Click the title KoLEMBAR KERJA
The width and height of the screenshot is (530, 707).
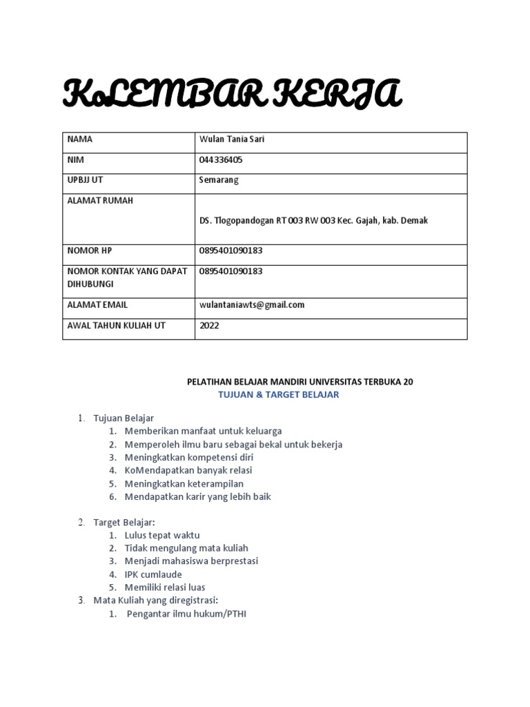pos(231,95)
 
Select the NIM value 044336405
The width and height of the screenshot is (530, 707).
pos(221,159)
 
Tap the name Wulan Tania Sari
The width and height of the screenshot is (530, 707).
pos(231,139)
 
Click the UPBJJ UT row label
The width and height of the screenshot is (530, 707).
pos(85,180)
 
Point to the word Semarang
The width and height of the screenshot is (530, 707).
pos(219,180)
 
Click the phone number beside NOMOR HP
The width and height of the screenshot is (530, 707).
pos(230,251)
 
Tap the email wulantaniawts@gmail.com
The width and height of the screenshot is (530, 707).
pos(252,304)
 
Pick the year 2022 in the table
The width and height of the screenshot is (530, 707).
pos(209,325)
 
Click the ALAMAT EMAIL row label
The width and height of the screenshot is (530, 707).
pos(97,304)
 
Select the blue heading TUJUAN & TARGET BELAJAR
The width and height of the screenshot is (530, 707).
pos(279,394)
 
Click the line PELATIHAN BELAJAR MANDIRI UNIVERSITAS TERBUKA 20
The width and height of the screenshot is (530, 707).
pos(300,381)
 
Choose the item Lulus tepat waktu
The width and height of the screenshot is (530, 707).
pos(162,535)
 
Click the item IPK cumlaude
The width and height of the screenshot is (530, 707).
pos(153,574)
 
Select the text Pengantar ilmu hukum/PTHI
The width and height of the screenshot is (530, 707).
pos(186,613)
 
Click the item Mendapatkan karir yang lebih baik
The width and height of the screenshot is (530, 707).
pos(198,496)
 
